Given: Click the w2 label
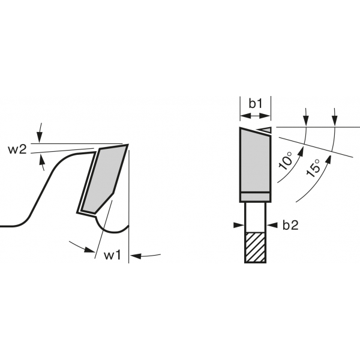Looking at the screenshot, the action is (x=17, y=149).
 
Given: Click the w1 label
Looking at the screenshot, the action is (x=112, y=255).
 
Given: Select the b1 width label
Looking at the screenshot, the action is (x=256, y=104).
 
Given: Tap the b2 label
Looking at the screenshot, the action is (x=290, y=225).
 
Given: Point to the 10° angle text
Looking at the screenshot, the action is (x=285, y=160).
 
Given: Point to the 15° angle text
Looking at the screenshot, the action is (x=313, y=168).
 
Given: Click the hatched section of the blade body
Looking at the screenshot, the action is (x=256, y=247).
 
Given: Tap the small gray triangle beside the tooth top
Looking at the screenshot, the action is (x=266, y=130).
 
